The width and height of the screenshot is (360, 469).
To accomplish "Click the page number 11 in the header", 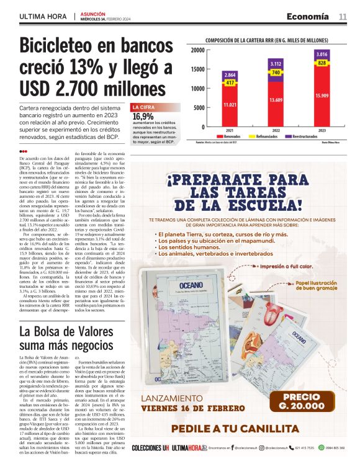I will [342, 16].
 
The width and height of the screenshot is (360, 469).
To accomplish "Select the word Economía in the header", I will [308, 16].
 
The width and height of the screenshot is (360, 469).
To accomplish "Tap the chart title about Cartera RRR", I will [266, 40].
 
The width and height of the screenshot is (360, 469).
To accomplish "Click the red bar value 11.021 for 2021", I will [230, 105].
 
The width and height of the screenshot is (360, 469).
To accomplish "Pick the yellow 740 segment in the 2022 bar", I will [276, 73].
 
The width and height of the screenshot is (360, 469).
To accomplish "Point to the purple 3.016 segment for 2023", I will [322, 55].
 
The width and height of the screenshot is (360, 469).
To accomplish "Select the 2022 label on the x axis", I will [276, 131].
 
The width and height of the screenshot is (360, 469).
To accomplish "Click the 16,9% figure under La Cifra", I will [143, 116].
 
